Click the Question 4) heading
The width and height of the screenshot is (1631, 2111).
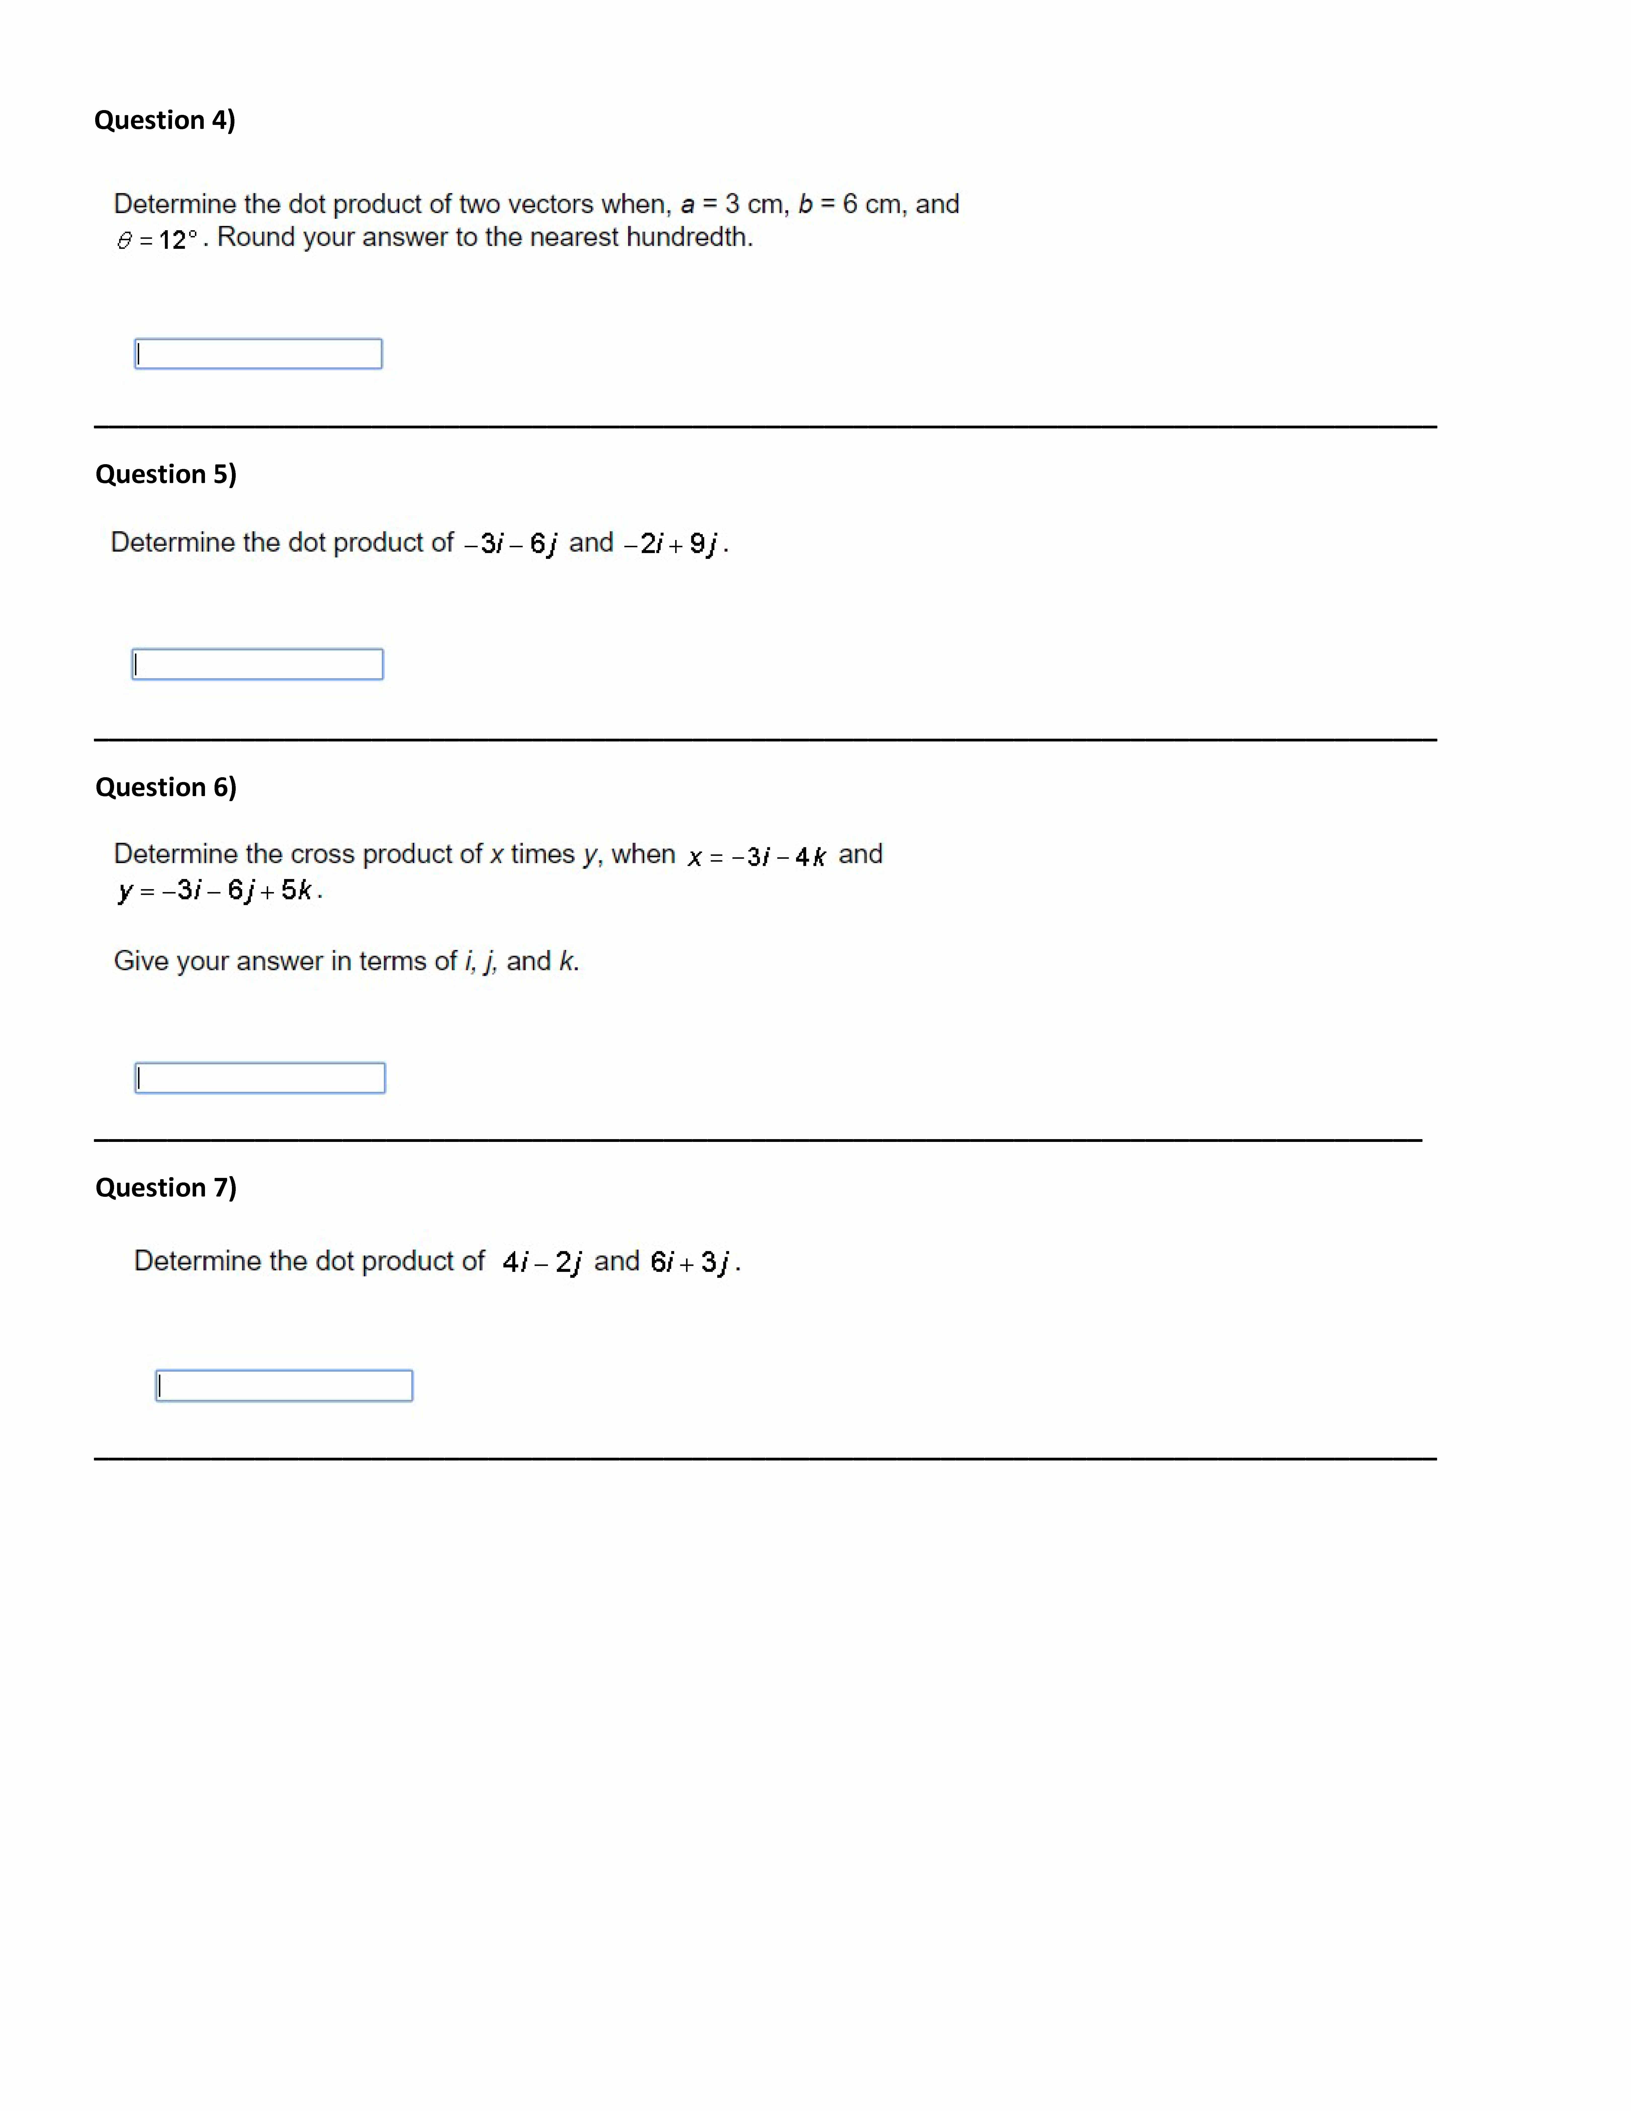tap(164, 120)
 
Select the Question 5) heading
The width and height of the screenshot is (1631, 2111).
tap(165, 474)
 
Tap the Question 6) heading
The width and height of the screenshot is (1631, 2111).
tap(165, 787)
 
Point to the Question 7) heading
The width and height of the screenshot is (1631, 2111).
tap(165, 1187)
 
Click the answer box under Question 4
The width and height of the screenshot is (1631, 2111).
tap(258, 354)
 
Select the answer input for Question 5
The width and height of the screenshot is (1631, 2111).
tap(257, 664)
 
